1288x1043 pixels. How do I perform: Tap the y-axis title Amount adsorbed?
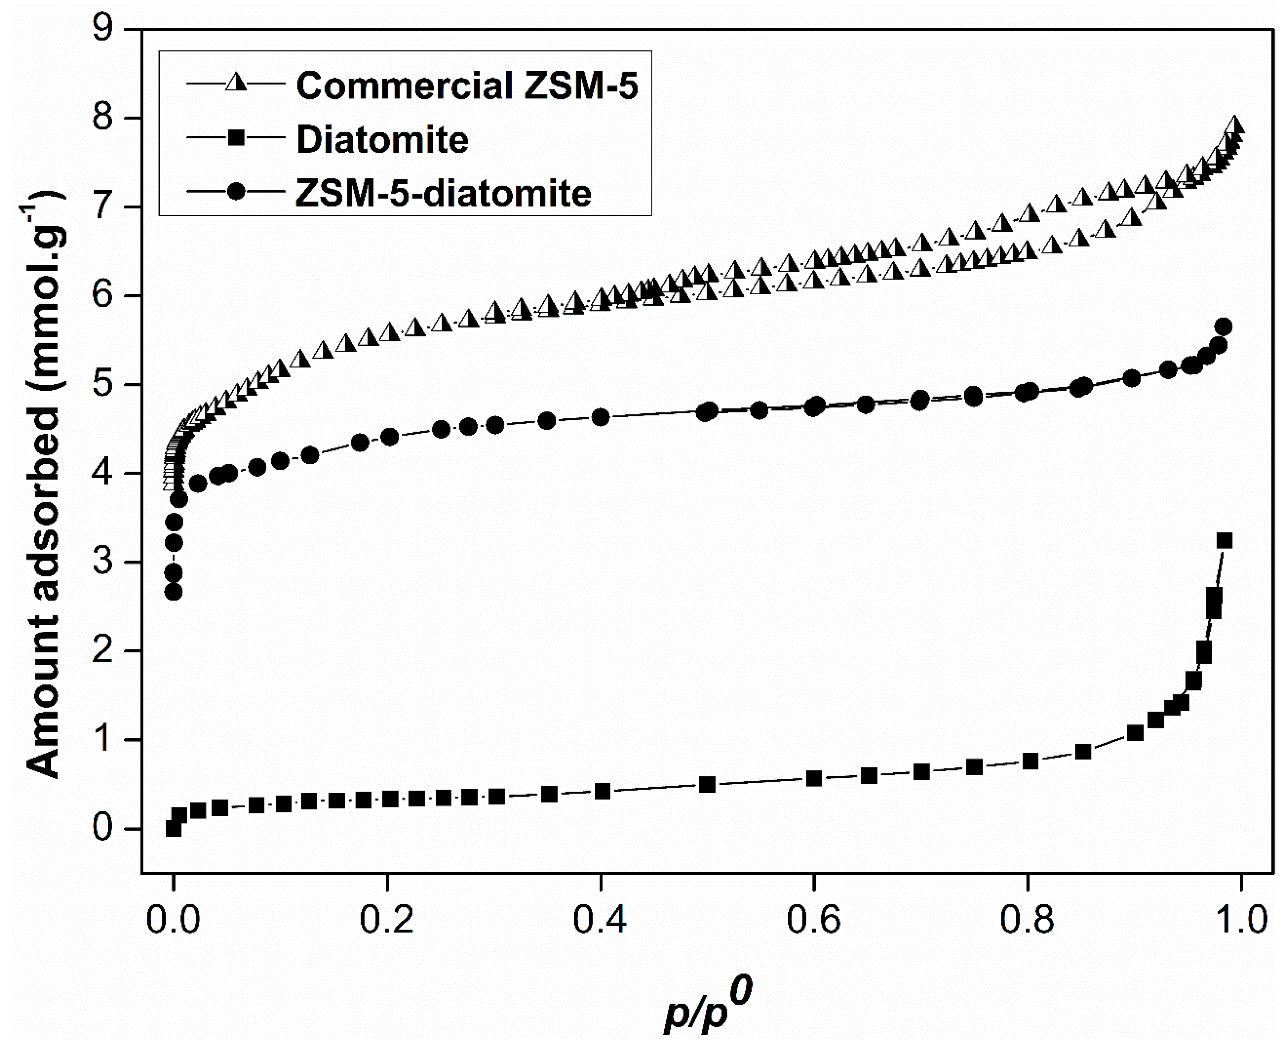pyautogui.click(x=45, y=481)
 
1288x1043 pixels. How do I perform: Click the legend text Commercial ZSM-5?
pyautogui.click(x=467, y=86)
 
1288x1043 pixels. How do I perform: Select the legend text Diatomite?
pyautogui.click(x=382, y=140)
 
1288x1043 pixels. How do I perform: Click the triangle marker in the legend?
pyautogui.click(x=236, y=83)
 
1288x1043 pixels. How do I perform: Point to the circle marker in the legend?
pyautogui.click(x=236, y=192)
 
